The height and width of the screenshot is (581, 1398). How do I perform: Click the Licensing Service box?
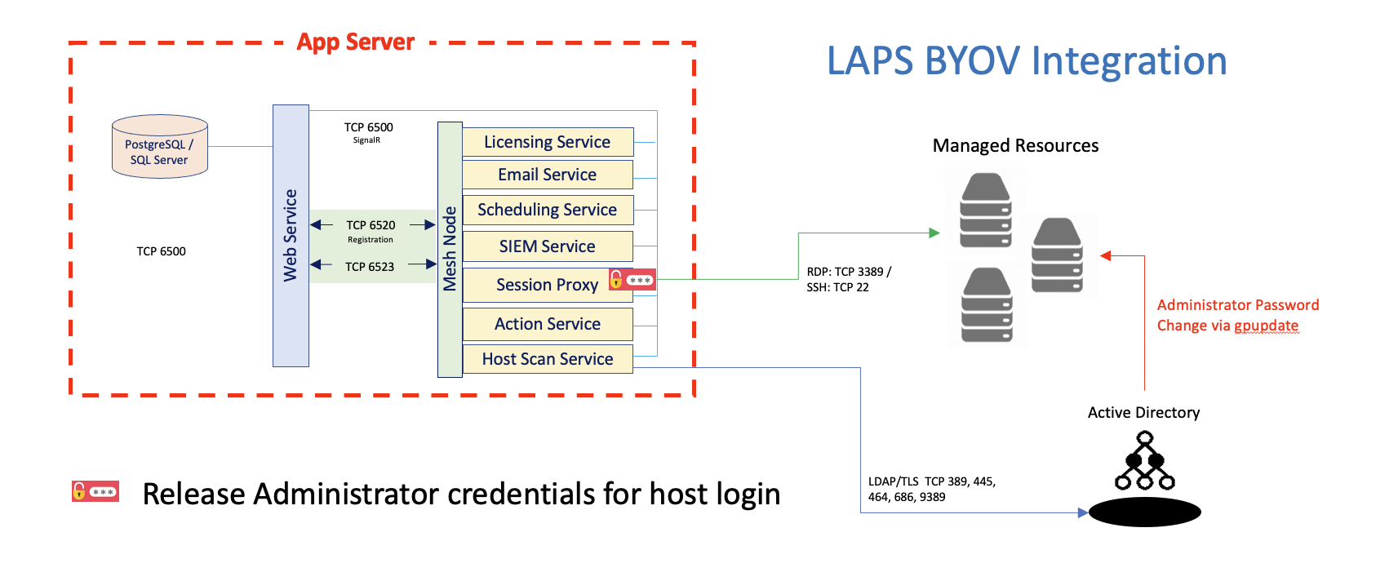547,142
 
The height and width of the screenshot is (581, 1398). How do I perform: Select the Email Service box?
547,175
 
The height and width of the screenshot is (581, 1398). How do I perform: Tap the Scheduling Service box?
547,210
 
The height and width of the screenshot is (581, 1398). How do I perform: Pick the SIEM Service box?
547,246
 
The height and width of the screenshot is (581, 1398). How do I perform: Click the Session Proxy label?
547,285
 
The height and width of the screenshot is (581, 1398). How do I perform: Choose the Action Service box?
547,324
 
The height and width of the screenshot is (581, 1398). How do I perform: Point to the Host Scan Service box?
547,359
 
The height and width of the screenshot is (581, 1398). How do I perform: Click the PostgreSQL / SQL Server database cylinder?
159,148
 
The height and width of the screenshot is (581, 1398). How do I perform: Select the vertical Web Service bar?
291,236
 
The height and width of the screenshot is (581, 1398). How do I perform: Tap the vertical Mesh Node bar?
450,249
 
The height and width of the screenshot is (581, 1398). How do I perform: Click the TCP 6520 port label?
371,225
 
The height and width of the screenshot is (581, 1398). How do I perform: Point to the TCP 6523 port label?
370,267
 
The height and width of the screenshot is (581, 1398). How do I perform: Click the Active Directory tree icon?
1144,462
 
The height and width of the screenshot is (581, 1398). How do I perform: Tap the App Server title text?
355,42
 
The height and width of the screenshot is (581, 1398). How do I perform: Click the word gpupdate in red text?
1266,326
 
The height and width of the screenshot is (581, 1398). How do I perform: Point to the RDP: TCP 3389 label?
849,272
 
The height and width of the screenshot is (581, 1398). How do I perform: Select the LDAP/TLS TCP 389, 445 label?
931,481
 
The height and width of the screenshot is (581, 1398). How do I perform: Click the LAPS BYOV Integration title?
1027,62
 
